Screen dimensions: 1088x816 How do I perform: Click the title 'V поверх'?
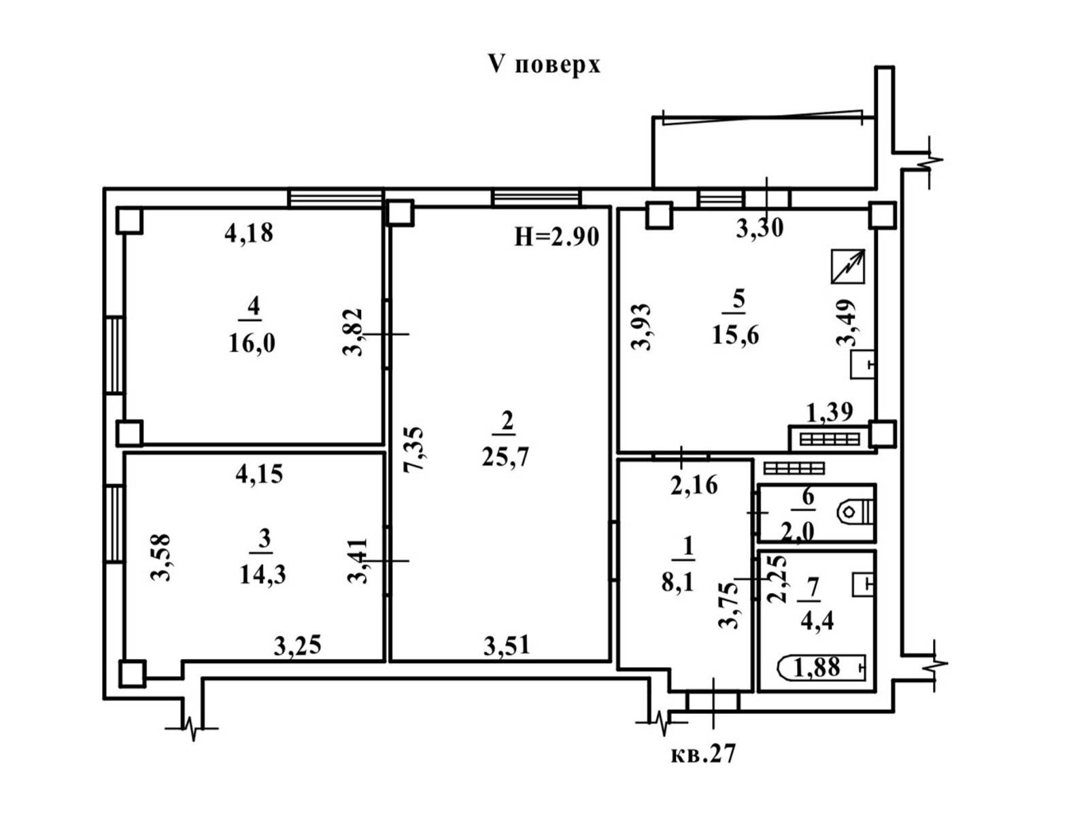pyautogui.click(x=544, y=65)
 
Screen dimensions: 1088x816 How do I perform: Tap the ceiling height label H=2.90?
pyautogui.click(x=557, y=237)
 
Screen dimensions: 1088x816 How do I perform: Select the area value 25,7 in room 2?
pyautogui.click(x=505, y=456)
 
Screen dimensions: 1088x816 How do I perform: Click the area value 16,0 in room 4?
pyautogui.click(x=252, y=343)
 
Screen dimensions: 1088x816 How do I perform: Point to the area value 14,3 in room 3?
pyautogui.click(x=262, y=575)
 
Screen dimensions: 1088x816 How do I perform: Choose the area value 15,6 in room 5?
pyautogui.click(x=736, y=335)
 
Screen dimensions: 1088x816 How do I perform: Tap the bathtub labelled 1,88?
pyautogui.click(x=821, y=667)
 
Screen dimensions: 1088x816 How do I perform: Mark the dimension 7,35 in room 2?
pyautogui.click(x=413, y=450)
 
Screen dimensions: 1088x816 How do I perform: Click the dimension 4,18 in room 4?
pyautogui.click(x=249, y=233)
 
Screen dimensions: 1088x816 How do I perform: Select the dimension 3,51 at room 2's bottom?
pyautogui.click(x=507, y=646)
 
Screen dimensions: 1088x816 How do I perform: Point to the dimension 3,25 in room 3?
pyautogui.click(x=298, y=646)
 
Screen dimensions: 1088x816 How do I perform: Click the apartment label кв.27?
pyautogui.click(x=703, y=754)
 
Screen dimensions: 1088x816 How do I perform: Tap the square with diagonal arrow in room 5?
pyautogui.click(x=848, y=266)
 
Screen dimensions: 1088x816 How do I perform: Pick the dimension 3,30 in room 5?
pyautogui.click(x=760, y=228)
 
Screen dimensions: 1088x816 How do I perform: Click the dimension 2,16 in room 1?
pyautogui.click(x=694, y=486)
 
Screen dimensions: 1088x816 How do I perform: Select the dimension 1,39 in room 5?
pyautogui.click(x=830, y=412)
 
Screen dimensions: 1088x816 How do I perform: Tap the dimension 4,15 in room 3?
pyautogui.click(x=259, y=474)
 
